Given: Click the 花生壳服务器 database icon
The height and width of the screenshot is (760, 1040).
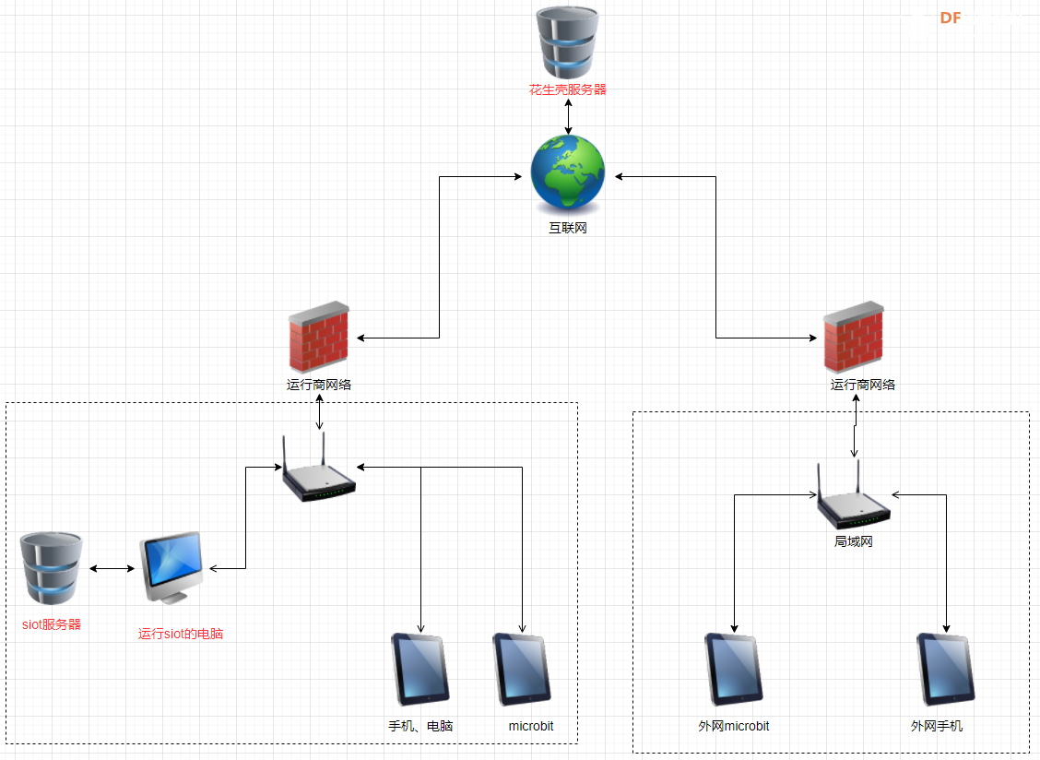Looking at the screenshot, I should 568,42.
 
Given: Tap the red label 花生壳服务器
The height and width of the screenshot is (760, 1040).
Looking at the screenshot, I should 568,89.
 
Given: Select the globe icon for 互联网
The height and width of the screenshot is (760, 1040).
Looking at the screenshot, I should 568,172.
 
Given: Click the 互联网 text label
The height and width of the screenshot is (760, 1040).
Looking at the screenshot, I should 568,228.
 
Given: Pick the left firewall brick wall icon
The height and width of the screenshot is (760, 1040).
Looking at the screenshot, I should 319,336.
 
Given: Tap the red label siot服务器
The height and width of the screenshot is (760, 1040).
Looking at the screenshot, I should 52,624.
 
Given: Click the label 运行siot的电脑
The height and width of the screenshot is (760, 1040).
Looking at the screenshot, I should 181,634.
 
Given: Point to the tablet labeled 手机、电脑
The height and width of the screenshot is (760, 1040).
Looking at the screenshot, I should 420,669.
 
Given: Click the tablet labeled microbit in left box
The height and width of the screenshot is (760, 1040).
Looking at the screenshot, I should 522,669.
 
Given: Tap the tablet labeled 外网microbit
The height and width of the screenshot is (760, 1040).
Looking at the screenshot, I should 734,669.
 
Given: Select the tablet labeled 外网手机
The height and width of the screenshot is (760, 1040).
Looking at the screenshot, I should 946,669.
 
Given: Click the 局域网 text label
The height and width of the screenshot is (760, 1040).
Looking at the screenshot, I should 854,541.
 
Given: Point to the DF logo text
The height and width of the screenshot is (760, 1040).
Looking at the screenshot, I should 951,18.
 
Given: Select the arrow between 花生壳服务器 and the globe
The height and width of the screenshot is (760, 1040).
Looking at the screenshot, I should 568,116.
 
